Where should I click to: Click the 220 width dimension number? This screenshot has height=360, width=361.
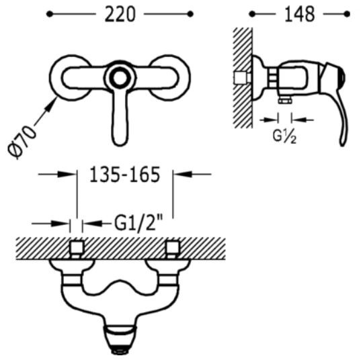pos(120,14)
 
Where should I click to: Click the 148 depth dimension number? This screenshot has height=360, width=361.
pos(300,14)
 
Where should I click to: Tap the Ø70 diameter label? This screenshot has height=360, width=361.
pos(22,142)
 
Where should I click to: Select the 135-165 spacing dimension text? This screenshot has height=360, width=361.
pos(124,175)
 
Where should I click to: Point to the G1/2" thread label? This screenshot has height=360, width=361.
pos(138,223)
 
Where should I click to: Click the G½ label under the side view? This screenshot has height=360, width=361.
pos(284,136)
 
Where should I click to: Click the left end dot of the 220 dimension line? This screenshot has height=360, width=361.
pos(49,14)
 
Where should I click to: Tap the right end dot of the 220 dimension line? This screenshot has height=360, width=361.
pos(190,14)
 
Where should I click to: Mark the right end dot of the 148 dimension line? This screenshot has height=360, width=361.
pos(347,14)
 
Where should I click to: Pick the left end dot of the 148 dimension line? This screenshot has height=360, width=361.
pos(252,14)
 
